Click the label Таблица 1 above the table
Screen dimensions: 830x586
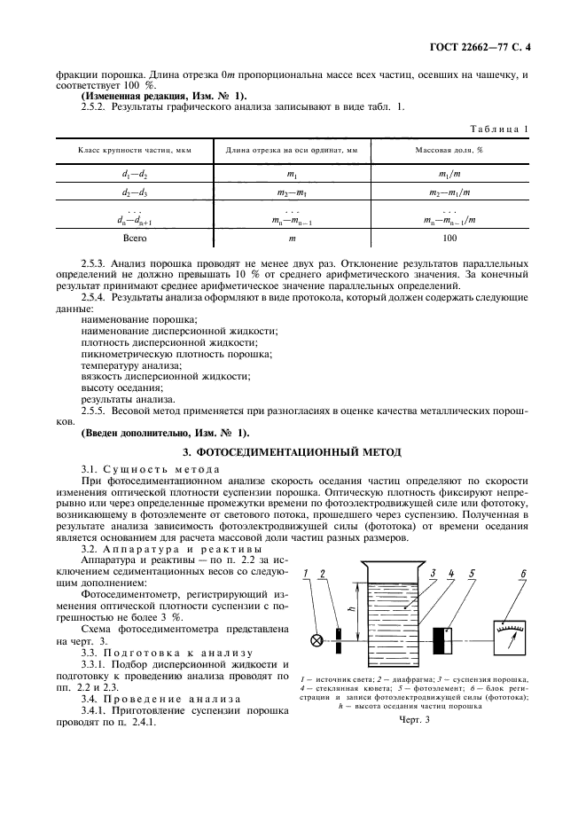pyautogui.click(x=499, y=129)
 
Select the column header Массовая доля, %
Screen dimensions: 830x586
pyautogui.click(x=449, y=150)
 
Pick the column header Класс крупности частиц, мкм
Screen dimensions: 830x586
pyautogui.click(x=133, y=150)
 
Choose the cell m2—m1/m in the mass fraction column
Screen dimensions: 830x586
pyautogui.click(x=449, y=192)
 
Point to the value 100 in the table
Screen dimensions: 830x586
pyautogui.click(x=449, y=239)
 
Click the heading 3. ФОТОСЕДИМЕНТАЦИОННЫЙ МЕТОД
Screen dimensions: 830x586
pyautogui.click(x=292, y=450)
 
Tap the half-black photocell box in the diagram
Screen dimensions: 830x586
pyautogui.click(x=442, y=639)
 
